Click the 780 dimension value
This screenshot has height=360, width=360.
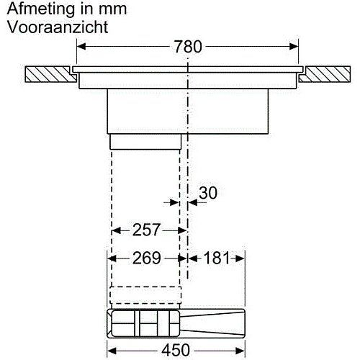(x=188, y=47)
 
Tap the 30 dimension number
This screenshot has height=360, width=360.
(x=208, y=192)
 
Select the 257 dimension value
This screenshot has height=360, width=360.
(x=146, y=230)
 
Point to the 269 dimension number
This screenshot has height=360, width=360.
(x=147, y=258)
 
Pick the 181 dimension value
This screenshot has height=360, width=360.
(x=217, y=258)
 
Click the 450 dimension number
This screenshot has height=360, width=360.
(x=176, y=350)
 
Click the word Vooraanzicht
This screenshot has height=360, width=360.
(x=58, y=27)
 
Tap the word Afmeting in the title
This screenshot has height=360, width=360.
(x=41, y=9)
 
